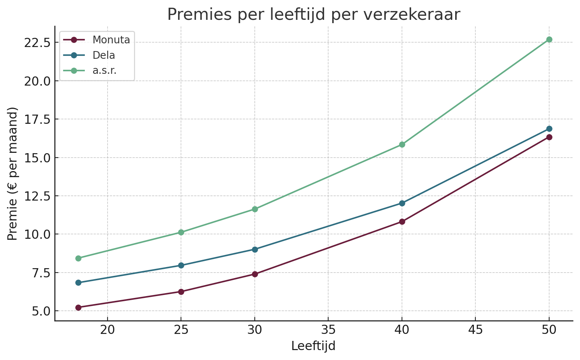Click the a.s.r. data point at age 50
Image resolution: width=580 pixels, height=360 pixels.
coord(549,40)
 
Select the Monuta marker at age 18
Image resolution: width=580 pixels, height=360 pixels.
coord(78,307)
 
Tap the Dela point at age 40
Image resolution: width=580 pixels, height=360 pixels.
coord(402,203)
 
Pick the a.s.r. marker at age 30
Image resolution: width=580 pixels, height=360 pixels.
coord(255,209)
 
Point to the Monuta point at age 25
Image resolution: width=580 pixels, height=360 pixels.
coord(181,292)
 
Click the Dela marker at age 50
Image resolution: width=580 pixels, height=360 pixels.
coord(549,129)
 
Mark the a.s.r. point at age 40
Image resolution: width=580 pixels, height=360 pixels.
coord(402,145)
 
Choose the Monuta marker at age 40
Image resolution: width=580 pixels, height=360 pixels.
coord(402,222)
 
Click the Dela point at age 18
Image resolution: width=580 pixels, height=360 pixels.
coord(78,283)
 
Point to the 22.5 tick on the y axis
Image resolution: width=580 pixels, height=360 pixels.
coord(36,43)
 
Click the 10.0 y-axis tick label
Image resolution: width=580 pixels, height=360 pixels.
coord(36,234)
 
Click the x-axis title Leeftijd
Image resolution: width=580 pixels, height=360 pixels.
coord(313,346)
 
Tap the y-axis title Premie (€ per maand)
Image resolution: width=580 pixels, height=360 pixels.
coord(13,174)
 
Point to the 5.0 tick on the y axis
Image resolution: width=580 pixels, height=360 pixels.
coord(40,311)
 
